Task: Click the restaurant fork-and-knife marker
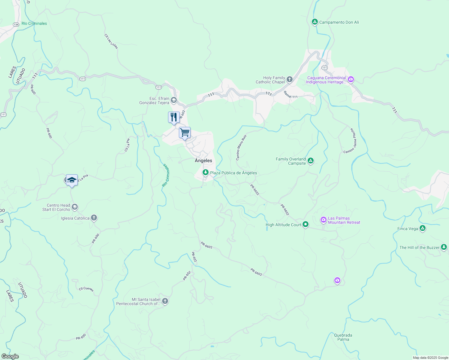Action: click(x=174, y=117)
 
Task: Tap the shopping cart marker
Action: click(x=185, y=133)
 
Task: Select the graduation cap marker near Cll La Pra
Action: click(x=72, y=180)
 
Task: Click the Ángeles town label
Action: click(x=203, y=160)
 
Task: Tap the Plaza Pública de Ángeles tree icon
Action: click(x=205, y=172)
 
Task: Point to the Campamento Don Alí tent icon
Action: click(x=315, y=22)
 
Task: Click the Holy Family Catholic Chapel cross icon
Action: click(x=290, y=79)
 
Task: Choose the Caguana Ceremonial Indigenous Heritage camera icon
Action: click(x=351, y=79)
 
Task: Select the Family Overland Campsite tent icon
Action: click(x=311, y=161)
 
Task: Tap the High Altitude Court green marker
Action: click(x=306, y=224)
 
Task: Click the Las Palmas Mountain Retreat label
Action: click(x=344, y=220)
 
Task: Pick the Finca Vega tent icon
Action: click(x=423, y=228)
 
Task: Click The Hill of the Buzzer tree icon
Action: click(x=444, y=247)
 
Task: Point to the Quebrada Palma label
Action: click(x=343, y=337)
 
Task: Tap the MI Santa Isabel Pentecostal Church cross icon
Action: click(x=165, y=301)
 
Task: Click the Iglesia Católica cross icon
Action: click(x=94, y=218)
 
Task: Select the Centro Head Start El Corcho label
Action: click(x=56, y=208)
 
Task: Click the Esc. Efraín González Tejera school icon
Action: click(x=174, y=100)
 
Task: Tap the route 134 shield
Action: click(x=16, y=25)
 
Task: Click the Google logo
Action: click(x=10, y=356)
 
